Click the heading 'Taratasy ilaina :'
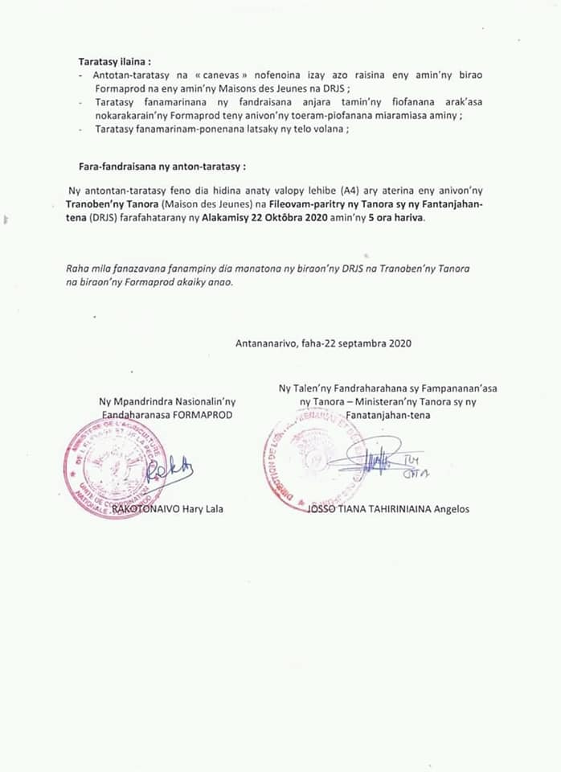pos(114,61)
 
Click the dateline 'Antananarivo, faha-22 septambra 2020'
pos(323,343)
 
